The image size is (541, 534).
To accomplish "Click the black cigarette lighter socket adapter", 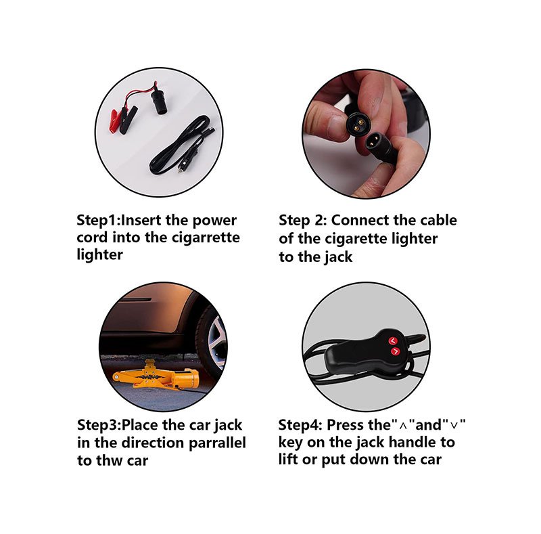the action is coord(158,103).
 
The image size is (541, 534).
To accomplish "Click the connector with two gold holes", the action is coord(356,122).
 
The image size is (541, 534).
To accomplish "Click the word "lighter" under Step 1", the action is coord(99,255).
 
